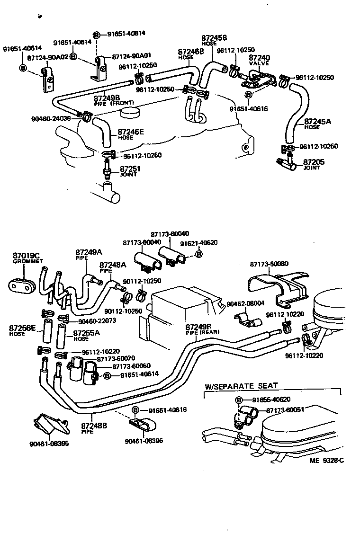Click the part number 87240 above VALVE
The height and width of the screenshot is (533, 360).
coord(259,58)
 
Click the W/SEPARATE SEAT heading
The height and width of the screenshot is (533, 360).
coord(241,386)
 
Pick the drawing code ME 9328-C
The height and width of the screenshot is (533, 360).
coord(326,460)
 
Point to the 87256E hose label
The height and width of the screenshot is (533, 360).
coord(22,329)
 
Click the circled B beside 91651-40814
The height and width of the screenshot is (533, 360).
coord(97,34)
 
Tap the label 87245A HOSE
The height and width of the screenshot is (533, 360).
coord(317,124)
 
